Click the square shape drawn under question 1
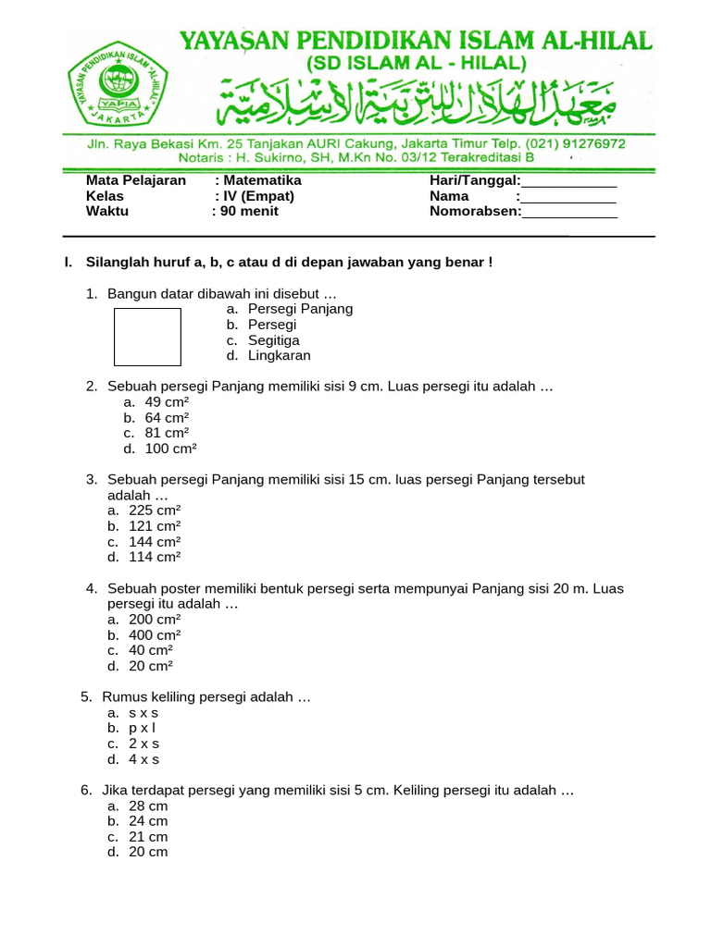point(147,338)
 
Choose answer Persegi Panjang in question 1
point(300,309)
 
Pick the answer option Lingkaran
point(280,355)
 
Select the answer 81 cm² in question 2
point(167,433)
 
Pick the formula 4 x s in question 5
point(144,759)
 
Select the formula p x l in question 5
point(143,728)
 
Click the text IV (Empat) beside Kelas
point(257,196)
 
